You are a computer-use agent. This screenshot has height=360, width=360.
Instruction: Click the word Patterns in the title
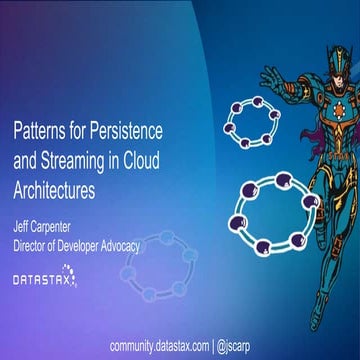pyautogui.click(x=39, y=131)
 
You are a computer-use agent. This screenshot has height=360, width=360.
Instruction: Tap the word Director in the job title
pyautogui.click(x=34, y=243)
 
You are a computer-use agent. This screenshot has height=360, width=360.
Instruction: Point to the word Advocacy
pyautogui.click(x=147, y=243)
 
